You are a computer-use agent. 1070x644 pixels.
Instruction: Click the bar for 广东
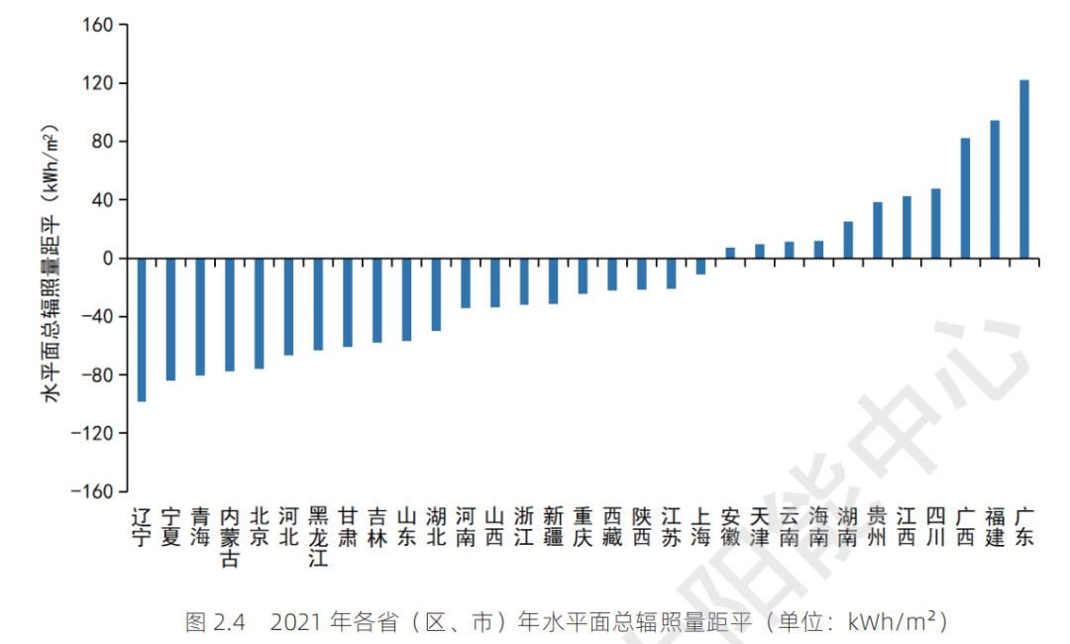(1024, 169)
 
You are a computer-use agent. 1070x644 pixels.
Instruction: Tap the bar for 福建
(995, 189)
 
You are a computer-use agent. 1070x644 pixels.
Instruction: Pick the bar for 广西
(965, 198)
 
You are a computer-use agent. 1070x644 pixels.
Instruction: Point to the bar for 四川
(936, 224)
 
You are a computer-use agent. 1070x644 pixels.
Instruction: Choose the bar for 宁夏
(170, 319)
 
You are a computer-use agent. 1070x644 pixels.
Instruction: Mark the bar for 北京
(259, 314)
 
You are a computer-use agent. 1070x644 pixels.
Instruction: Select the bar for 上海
(700, 267)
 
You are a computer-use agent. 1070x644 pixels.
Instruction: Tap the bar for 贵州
(877, 231)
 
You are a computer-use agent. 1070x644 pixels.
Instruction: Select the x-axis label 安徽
(730, 526)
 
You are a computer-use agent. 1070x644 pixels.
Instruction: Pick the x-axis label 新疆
(554, 526)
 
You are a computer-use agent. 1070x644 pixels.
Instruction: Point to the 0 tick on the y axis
(108, 259)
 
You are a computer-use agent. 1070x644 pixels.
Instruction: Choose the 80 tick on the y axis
(104, 142)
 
